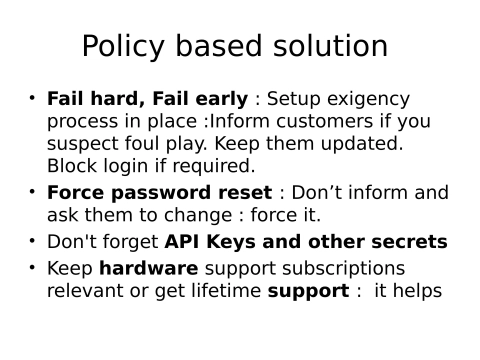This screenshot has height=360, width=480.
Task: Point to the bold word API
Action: pyautogui.click(x=185, y=242)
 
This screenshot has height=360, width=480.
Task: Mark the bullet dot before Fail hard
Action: pyautogui.click(x=32, y=98)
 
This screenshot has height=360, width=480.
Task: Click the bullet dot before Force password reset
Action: pyautogui.click(x=32, y=191)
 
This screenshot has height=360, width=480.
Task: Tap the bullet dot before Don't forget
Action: pyautogui.click(x=32, y=241)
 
